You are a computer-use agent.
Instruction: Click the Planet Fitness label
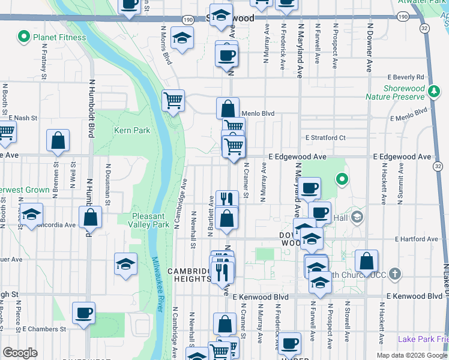(59, 37)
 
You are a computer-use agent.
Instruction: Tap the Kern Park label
(131, 130)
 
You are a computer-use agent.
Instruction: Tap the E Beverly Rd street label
(406, 77)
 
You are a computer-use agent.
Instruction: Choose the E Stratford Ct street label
(325, 137)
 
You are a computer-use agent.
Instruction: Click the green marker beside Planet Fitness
(24, 37)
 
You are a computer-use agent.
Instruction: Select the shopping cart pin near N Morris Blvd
(173, 100)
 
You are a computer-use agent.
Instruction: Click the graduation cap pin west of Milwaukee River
(125, 263)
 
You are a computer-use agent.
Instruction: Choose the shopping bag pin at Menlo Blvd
(228, 109)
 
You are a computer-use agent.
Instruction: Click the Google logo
(20, 353)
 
